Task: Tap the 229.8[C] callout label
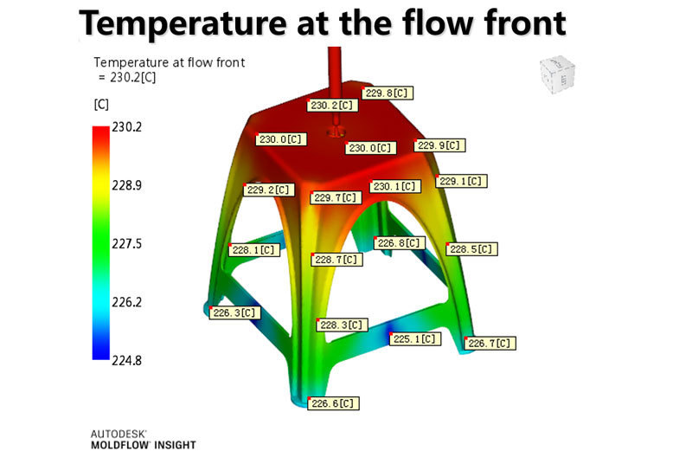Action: (x=387, y=93)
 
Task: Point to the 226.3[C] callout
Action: (x=234, y=312)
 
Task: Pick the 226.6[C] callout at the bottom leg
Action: (x=333, y=403)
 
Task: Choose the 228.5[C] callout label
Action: (x=472, y=249)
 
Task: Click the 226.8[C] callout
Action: (x=400, y=243)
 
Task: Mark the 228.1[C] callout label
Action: (x=254, y=249)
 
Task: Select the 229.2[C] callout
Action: (x=270, y=190)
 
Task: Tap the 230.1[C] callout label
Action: (x=396, y=186)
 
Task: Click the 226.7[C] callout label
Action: (x=490, y=343)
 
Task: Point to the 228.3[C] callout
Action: (x=342, y=325)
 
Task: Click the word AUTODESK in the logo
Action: (x=119, y=432)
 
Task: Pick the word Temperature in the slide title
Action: (x=173, y=23)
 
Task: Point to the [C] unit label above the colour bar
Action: (x=101, y=105)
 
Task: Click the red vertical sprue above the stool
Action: (x=334, y=74)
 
